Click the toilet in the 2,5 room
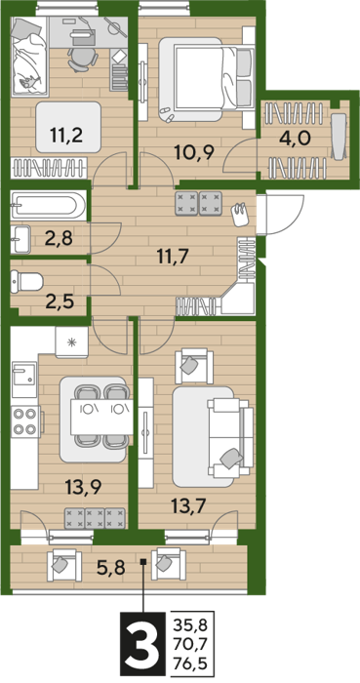click(x=27, y=281)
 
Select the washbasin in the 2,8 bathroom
click(x=20, y=239)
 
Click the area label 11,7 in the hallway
click(x=173, y=256)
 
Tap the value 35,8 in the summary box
click(x=191, y=627)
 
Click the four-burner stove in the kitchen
click(x=25, y=422)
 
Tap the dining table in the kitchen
click(x=101, y=417)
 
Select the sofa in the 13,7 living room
click(x=230, y=438)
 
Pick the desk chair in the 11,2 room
click(x=82, y=59)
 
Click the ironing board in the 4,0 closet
click(x=340, y=136)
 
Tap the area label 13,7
click(x=188, y=506)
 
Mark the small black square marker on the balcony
click(x=143, y=562)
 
